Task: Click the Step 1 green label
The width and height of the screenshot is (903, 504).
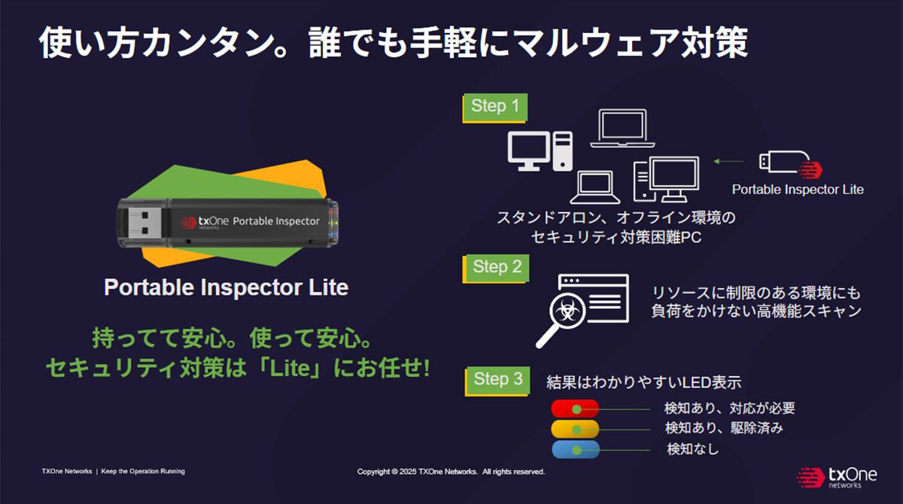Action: pos(495,107)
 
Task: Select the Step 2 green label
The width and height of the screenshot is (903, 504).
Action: pos(496,268)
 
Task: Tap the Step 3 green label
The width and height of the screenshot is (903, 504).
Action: pos(497,381)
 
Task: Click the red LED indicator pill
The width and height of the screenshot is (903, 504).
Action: pos(575,408)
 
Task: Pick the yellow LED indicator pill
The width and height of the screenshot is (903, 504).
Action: pos(575,429)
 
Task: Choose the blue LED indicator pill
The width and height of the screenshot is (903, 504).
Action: pos(575,449)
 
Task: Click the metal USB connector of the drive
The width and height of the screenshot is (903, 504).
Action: pos(144,223)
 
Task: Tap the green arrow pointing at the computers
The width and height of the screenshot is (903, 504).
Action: pos(728,161)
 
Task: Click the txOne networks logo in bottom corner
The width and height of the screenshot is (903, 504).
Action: pos(837,478)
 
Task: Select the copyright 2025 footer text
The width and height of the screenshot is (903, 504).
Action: pos(451,472)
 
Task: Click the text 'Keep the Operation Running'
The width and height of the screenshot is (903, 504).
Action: pos(143,471)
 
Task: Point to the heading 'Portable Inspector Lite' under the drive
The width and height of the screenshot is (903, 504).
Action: pos(227,287)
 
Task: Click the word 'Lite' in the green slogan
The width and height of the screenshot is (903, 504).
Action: pos(290,369)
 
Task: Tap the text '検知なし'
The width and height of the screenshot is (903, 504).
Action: pos(692,449)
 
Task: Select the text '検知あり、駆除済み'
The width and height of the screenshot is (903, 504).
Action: pos(724,428)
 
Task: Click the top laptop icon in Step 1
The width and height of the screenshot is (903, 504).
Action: pos(622,128)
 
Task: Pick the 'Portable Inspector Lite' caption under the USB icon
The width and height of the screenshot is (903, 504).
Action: pos(798,190)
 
